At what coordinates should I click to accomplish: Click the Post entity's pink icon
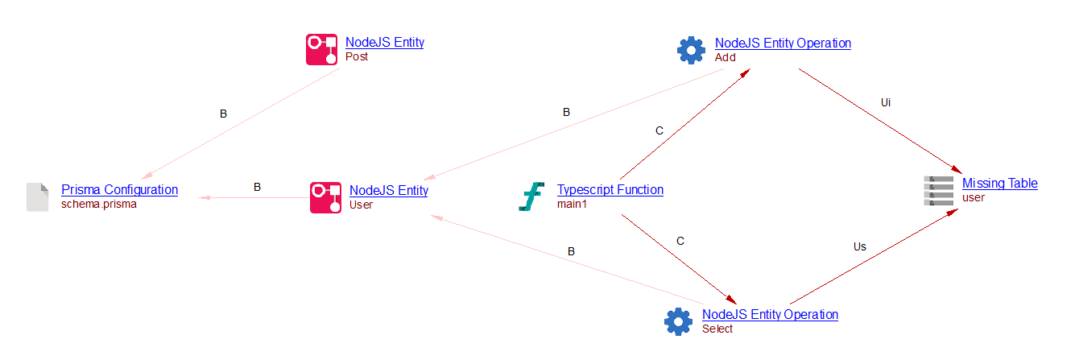[321, 49]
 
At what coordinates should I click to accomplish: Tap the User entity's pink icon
[325, 197]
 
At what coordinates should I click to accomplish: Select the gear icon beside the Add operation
[691, 50]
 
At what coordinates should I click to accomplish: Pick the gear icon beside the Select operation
[678, 321]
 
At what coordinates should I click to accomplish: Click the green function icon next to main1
[532, 197]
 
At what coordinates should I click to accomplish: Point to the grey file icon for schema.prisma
[38, 197]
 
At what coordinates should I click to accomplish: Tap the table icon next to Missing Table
[938, 190]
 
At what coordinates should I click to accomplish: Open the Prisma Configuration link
[119, 190]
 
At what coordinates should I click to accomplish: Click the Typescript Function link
[610, 190]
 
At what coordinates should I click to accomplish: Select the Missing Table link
[999, 184]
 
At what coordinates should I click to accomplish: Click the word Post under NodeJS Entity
[357, 57]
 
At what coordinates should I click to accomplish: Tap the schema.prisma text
[99, 205]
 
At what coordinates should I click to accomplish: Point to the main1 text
[573, 205]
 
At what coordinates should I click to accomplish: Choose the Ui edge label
[886, 102]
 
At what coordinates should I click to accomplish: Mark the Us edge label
[859, 246]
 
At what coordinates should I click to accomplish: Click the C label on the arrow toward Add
[659, 130]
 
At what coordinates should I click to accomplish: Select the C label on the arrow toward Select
[680, 240]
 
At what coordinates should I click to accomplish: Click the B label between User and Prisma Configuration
[257, 187]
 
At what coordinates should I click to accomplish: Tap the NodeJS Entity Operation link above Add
[783, 43]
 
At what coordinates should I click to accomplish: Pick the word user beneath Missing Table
[973, 197]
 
